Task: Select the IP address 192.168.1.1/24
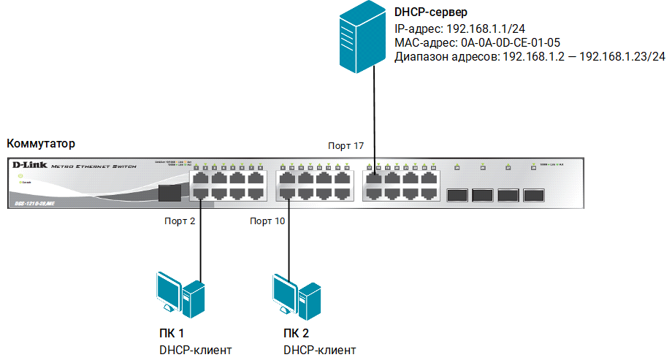tap(481, 28)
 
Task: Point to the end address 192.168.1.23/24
tap(622, 58)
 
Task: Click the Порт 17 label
tap(345, 146)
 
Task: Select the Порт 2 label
tap(180, 221)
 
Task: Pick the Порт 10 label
tap(267, 221)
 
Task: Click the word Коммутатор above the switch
tap(40, 143)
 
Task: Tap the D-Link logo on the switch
tap(26, 165)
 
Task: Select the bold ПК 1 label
tap(172, 334)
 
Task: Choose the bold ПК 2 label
tap(297, 334)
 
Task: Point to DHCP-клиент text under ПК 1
tap(195, 351)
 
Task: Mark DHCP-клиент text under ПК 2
tap(320, 351)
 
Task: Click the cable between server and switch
tap(375, 117)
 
